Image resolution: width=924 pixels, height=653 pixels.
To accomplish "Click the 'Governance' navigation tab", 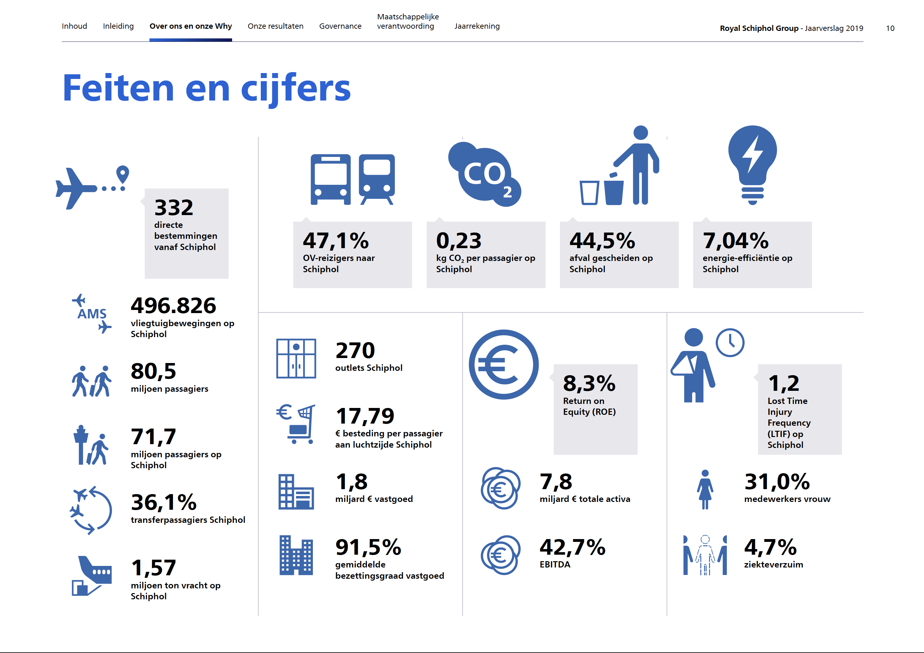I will [x=340, y=26].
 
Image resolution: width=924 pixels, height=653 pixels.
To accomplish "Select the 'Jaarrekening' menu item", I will [x=477, y=26].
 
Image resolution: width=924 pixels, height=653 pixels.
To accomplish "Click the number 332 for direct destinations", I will [x=174, y=208].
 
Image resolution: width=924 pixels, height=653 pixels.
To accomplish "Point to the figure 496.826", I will [x=173, y=306].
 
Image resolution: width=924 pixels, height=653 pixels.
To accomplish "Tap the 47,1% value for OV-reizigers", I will [x=336, y=241].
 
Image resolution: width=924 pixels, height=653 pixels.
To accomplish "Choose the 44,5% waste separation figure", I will [x=602, y=241].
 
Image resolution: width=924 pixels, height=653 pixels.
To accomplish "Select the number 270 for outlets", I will [x=355, y=351].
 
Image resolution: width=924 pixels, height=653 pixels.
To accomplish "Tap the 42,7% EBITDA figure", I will [x=572, y=547].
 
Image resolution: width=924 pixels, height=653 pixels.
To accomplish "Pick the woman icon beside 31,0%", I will [x=705, y=489].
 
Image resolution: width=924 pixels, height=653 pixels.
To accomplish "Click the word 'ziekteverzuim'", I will [x=773, y=564].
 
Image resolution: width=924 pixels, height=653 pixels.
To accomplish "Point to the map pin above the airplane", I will [x=122, y=174].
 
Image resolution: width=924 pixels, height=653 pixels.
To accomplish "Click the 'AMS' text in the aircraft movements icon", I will [x=92, y=314].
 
